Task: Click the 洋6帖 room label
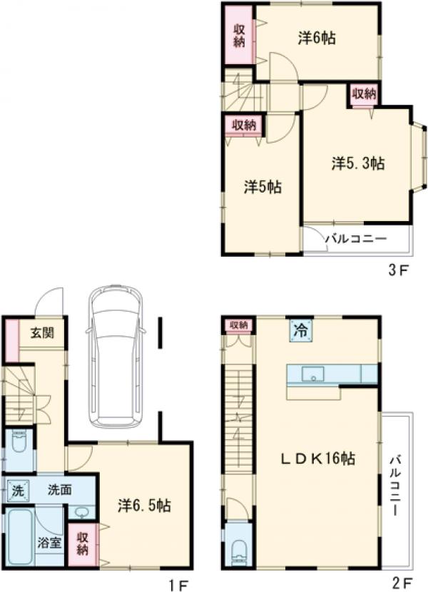(x=317, y=38)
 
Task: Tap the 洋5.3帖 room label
(x=358, y=163)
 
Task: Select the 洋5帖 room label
(x=263, y=187)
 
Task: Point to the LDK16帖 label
(x=317, y=459)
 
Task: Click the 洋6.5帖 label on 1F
(x=144, y=505)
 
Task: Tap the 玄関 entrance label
(x=42, y=333)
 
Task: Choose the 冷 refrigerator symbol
(x=301, y=331)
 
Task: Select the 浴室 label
(x=49, y=543)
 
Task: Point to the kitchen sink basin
(x=312, y=374)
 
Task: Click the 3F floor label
(x=399, y=271)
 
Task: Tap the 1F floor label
(x=178, y=585)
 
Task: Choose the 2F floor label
(x=402, y=583)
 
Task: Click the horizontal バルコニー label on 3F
(x=356, y=239)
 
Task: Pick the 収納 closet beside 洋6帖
(x=239, y=35)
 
